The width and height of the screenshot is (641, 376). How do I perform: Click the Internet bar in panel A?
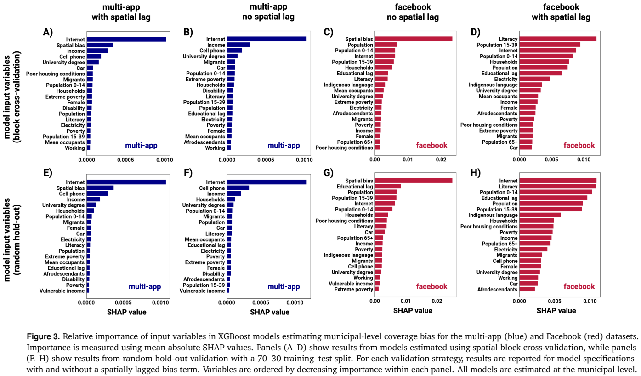126,40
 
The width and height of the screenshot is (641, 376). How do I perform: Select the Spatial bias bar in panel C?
414,39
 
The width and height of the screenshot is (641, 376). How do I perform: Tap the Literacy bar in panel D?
558,39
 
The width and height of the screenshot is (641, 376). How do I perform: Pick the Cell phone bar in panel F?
238,188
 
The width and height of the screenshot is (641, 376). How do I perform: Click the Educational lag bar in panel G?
388,187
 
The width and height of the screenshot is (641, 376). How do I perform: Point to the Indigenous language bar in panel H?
540,215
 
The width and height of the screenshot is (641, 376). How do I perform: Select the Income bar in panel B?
238,45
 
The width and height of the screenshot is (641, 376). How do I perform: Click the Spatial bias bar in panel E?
100,188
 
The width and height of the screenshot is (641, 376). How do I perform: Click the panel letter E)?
48,173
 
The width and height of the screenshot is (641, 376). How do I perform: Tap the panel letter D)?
476,32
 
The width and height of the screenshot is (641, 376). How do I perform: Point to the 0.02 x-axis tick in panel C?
441,160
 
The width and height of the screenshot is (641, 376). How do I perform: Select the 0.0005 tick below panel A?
125,160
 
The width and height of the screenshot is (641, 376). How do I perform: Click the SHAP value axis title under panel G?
413,311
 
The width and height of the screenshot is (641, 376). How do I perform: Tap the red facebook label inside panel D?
579,145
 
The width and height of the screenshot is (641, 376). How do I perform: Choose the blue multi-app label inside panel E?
145,287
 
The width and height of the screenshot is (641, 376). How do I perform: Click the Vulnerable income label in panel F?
202,291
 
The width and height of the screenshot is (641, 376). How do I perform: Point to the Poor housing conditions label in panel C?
344,148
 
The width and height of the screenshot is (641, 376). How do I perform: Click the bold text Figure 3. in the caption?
43,336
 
